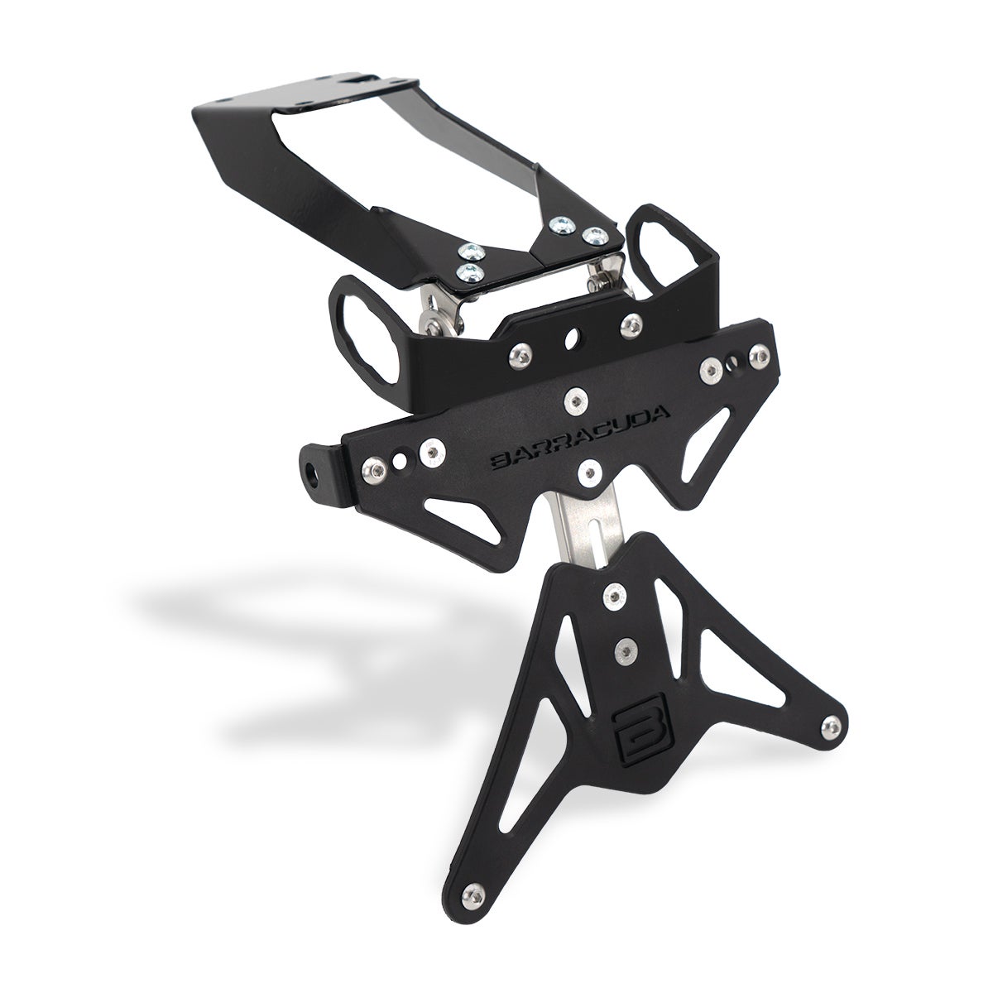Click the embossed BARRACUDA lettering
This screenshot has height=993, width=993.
(580, 438)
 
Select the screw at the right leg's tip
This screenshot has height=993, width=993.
(831, 727)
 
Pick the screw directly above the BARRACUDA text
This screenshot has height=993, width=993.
(575, 401)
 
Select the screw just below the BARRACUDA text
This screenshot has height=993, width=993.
(591, 473)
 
